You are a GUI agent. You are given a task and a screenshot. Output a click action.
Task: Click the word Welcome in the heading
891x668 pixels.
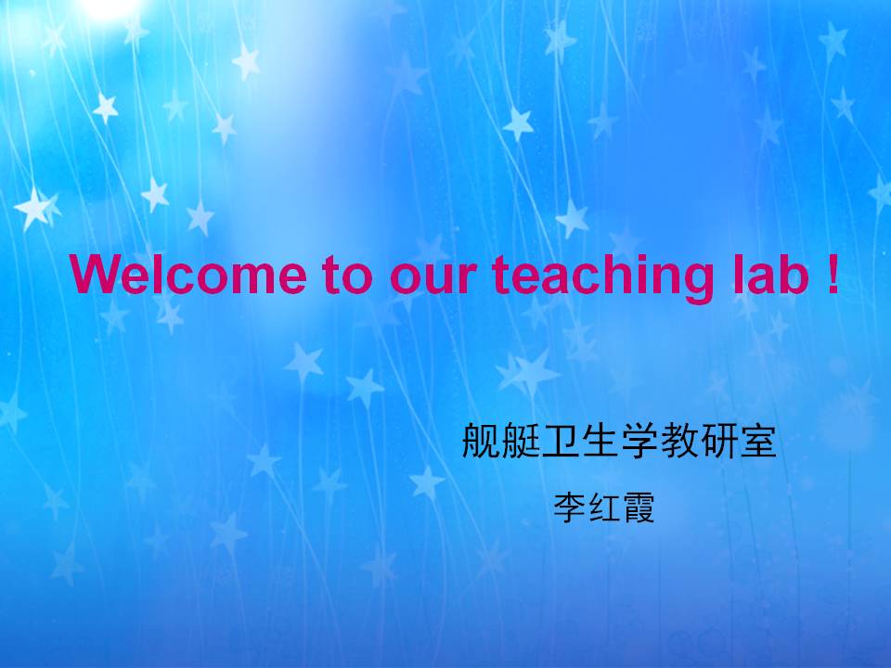(188, 275)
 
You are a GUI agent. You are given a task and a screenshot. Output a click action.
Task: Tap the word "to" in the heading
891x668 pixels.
(348, 275)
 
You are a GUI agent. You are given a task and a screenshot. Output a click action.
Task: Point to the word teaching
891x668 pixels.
(603, 277)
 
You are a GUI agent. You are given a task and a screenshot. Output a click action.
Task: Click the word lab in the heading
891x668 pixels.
(771, 275)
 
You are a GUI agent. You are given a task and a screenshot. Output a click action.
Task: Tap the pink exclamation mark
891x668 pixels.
(833, 275)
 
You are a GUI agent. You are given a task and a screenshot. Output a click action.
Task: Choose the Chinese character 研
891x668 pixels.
(718, 441)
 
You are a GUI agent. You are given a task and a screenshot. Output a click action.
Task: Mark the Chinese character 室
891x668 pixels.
(757, 441)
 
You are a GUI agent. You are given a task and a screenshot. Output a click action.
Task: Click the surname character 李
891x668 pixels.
(570, 507)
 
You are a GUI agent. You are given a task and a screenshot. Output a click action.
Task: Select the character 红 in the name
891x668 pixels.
(604, 507)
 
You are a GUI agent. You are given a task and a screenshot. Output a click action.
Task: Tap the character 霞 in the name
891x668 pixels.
(639, 507)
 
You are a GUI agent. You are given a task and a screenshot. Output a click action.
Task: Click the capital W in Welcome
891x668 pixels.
(95, 275)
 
